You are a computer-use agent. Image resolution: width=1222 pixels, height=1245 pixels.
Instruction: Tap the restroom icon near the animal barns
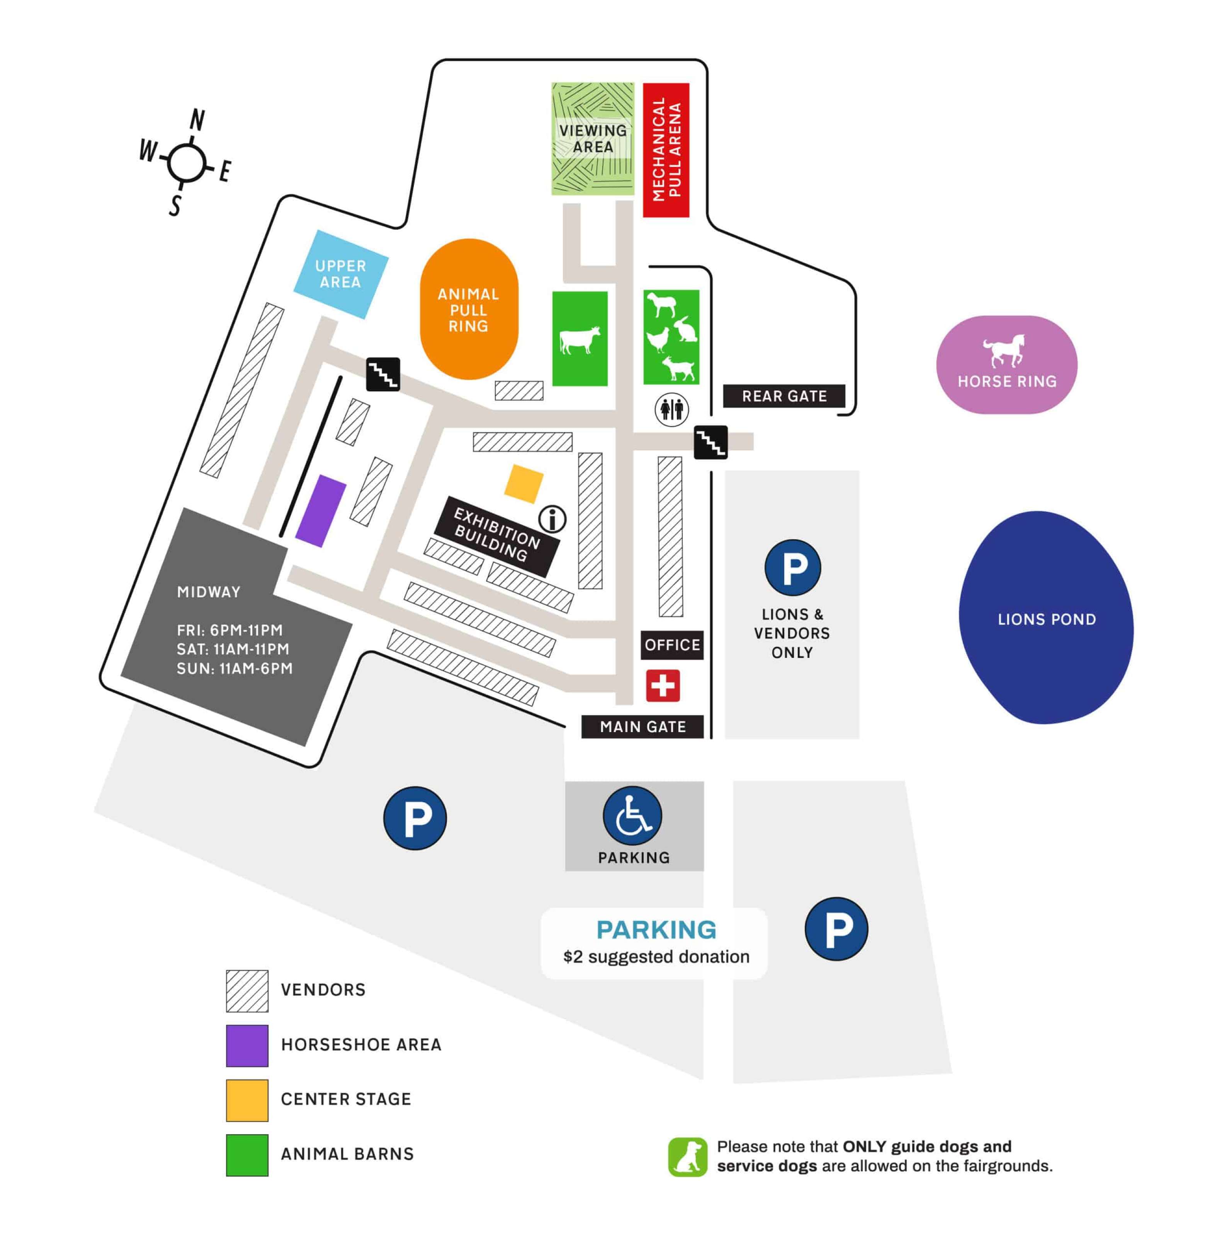click(672, 409)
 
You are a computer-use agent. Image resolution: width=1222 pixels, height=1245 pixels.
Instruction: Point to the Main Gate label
click(642, 727)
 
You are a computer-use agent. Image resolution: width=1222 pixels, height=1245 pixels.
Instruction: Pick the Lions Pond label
click(1046, 619)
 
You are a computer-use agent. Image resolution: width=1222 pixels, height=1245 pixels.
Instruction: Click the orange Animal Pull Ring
click(469, 309)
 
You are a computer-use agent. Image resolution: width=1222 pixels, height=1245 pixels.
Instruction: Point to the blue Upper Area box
click(341, 274)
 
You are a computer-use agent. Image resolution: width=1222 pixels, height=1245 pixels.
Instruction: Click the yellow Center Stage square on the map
click(524, 483)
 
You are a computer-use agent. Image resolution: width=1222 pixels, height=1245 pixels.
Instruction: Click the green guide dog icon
click(687, 1157)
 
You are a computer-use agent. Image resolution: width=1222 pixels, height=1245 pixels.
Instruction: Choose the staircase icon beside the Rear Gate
click(710, 442)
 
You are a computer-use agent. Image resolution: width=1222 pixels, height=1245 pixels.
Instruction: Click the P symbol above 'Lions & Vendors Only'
click(793, 567)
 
